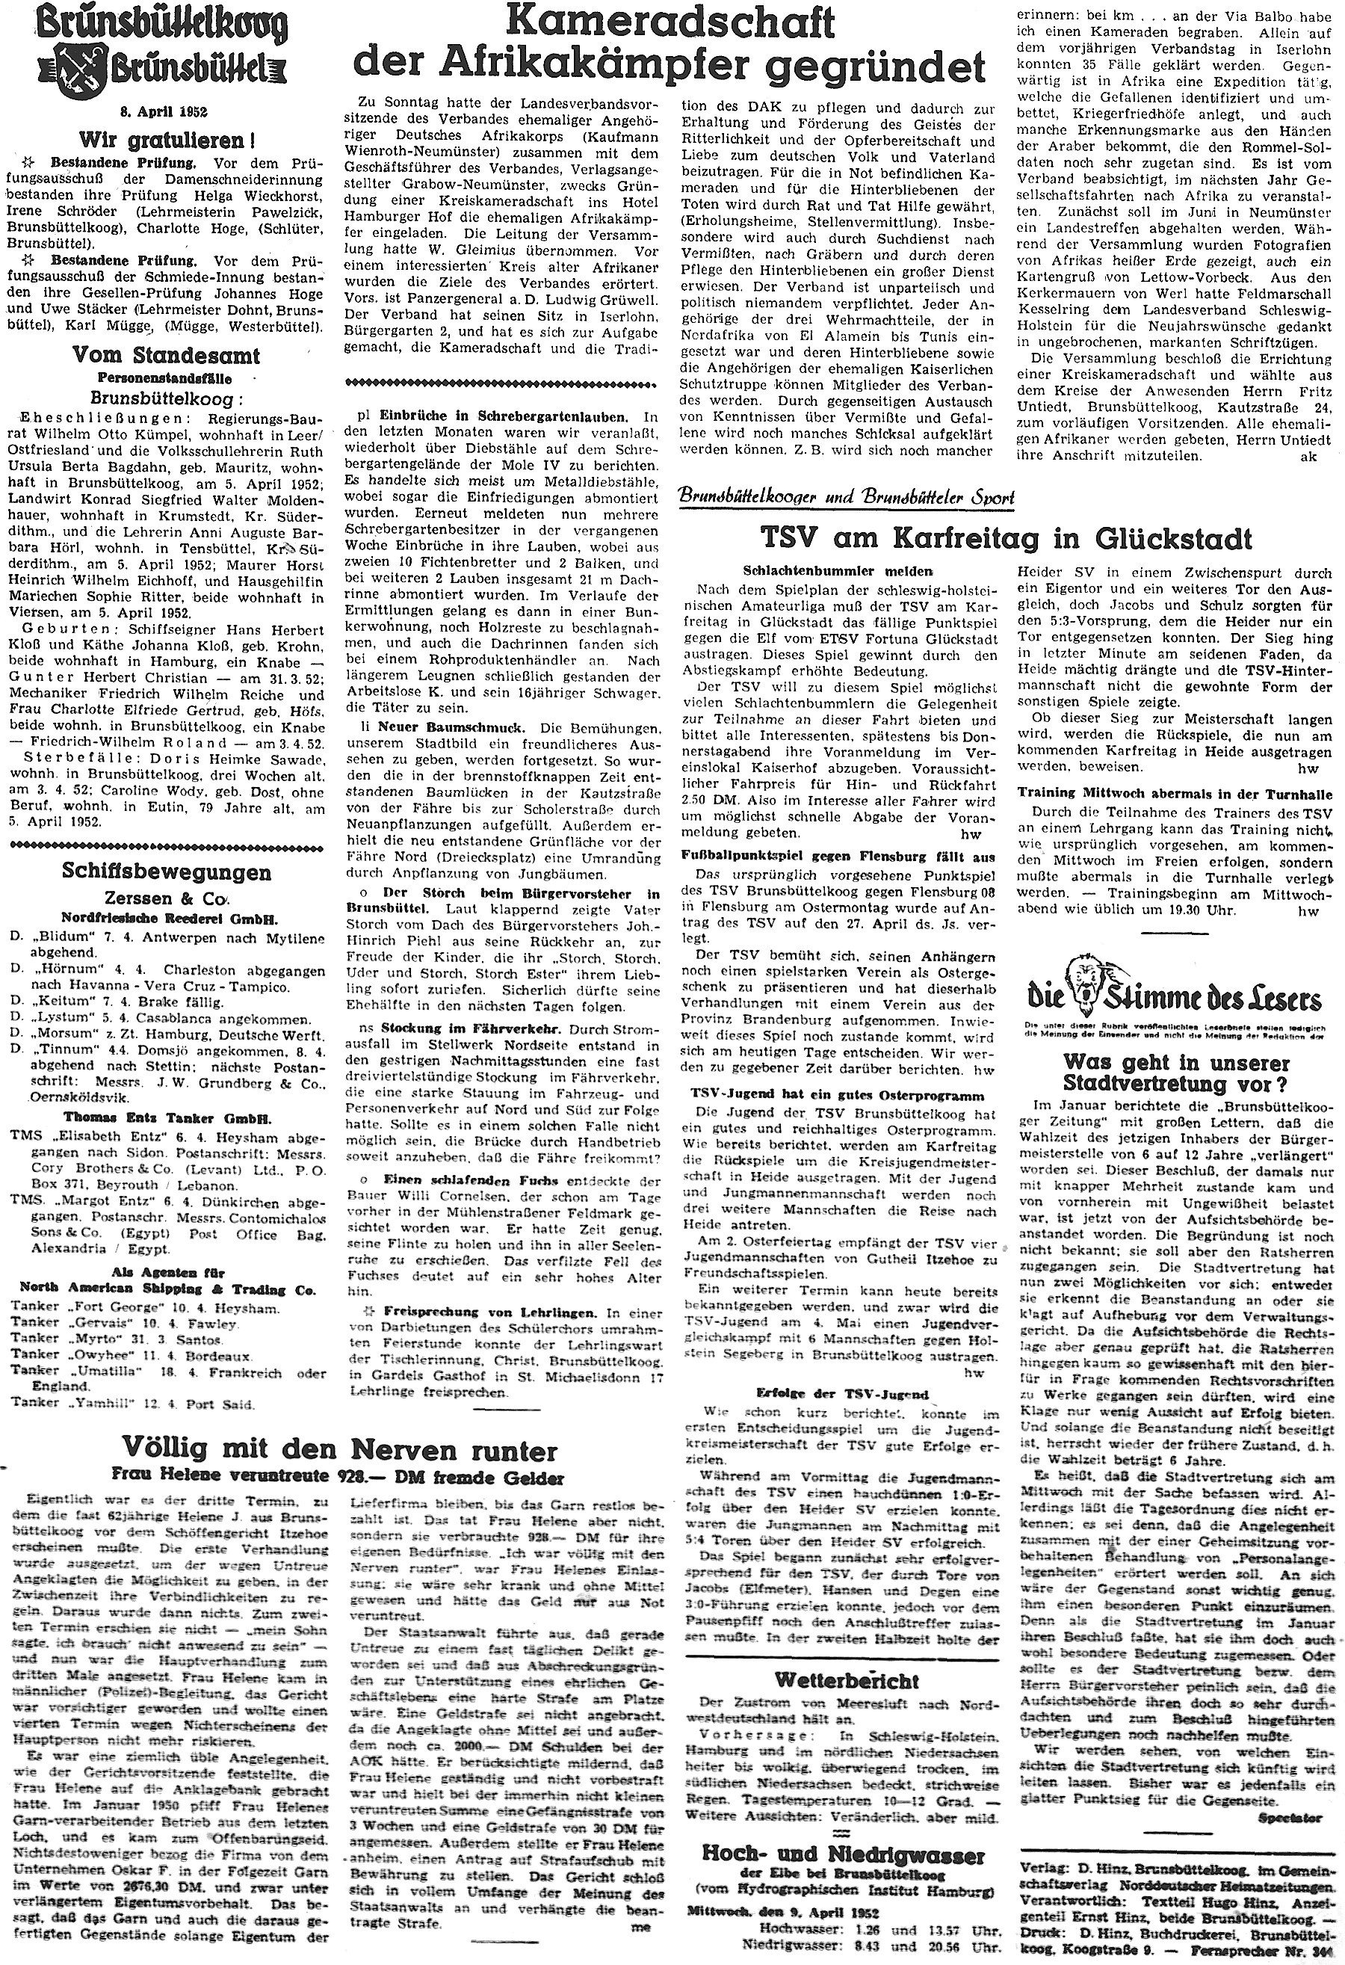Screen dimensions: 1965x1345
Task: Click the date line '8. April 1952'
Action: coord(167,111)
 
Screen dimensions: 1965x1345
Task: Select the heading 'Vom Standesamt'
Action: coord(167,355)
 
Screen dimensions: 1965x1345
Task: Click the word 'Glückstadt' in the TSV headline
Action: coord(1177,539)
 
